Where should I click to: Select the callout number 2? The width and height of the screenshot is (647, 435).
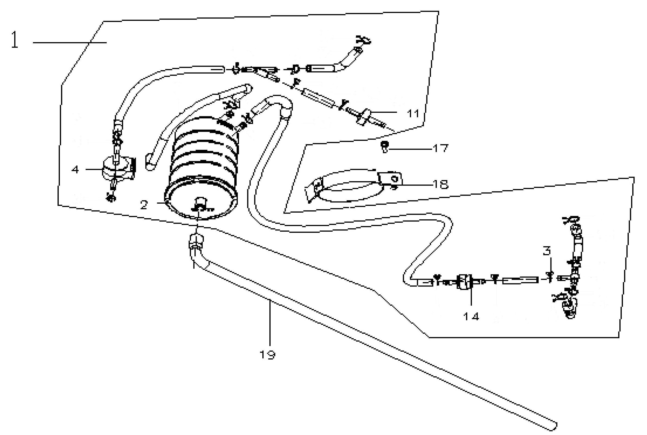tap(144, 205)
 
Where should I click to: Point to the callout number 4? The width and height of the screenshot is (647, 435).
tap(75, 169)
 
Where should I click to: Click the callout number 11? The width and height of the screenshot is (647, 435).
tap(413, 113)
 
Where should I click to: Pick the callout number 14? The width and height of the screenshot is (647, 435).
tap(471, 317)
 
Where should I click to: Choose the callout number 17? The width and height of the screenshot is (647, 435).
tap(441, 148)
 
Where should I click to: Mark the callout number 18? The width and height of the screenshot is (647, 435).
tap(441, 184)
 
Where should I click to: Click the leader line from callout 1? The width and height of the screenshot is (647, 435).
tap(70, 42)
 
